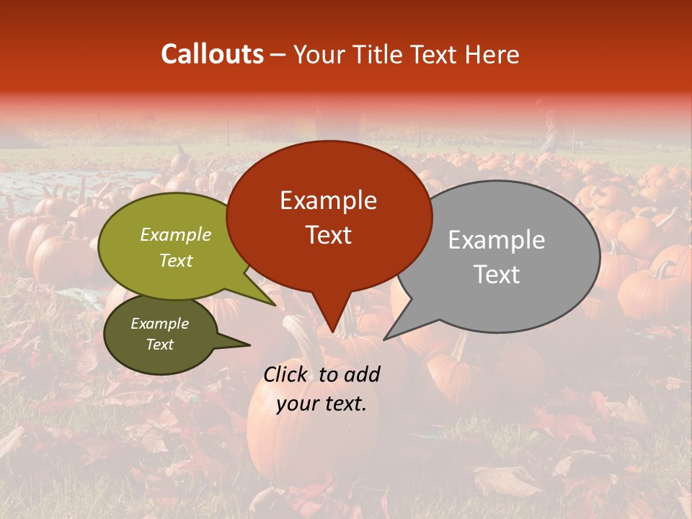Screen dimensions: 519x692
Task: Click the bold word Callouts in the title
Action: pos(212,54)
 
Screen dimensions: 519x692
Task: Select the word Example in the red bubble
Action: pos(328,200)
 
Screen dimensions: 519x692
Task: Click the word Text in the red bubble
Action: pos(328,235)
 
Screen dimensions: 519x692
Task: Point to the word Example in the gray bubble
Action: pos(497,240)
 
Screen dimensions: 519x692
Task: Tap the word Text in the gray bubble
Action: pos(497,275)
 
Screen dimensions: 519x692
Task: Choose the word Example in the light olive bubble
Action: pos(176,234)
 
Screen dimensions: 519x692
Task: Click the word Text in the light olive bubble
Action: pos(176,260)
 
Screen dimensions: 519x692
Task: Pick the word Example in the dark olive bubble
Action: pos(159,324)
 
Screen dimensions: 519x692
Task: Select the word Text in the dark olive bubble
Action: pos(159,345)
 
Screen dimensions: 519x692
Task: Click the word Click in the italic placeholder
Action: pos(287,374)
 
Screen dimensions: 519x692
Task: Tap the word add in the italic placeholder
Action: pos(362,374)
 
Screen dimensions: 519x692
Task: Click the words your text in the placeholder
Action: pos(321,404)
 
